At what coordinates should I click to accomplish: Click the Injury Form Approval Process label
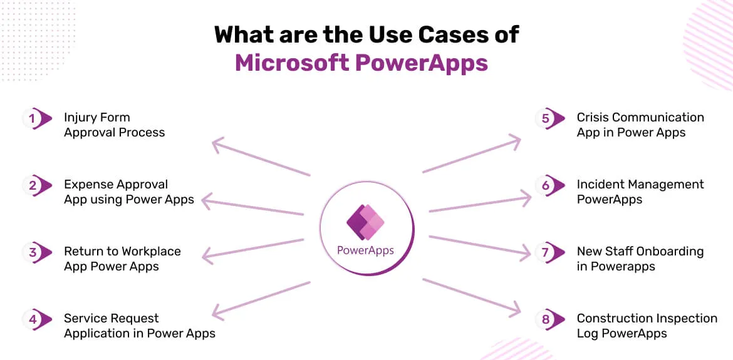click(115, 125)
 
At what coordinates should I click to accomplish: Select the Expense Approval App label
click(129, 192)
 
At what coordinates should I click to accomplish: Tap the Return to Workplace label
click(122, 259)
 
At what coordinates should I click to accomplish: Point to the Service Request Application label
click(140, 326)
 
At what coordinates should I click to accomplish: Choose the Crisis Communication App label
click(640, 125)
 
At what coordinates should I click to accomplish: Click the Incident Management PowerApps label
click(640, 192)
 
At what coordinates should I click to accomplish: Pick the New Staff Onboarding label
click(640, 259)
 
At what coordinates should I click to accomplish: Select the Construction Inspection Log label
click(647, 326)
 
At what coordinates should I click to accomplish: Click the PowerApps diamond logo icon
click(365, 222)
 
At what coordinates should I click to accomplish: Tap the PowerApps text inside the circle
click(366, 250)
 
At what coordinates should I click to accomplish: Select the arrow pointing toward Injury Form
click(261, 157)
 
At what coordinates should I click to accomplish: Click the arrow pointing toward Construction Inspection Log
click(472, 297)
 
